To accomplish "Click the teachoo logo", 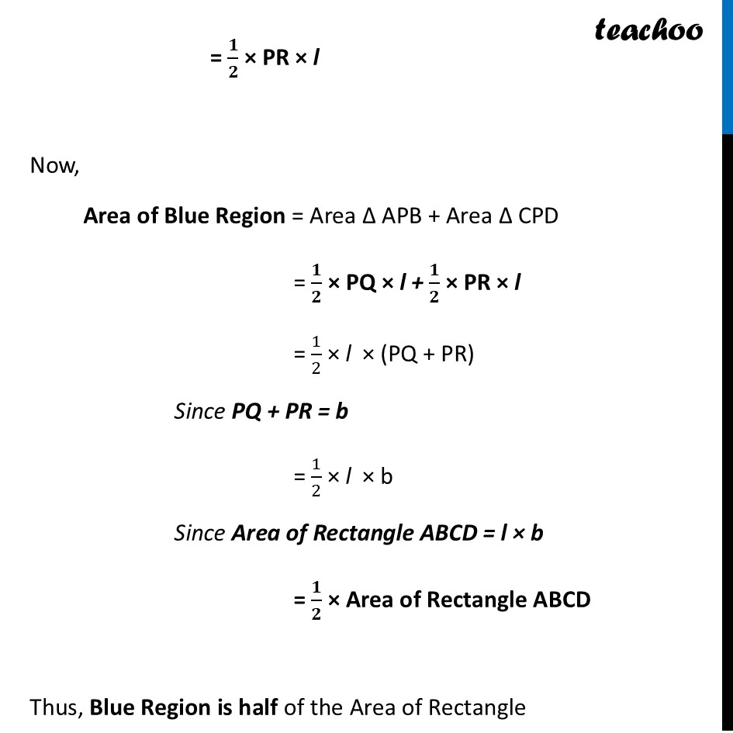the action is tap(648, 29).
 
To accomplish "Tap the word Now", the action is tap(54, 166).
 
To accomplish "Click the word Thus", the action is tap(56, 707).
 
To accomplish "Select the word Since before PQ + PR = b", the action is tap(199, 411).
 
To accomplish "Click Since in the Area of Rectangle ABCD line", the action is tap(199, 533).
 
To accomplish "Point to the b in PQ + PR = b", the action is tap(341, 411).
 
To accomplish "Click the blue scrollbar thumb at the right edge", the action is tap(728, 66).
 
